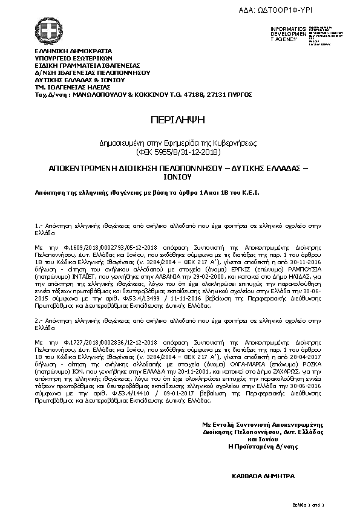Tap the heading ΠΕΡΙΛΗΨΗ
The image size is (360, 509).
(179, 120)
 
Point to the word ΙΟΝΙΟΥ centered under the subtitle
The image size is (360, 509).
(179, 178)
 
